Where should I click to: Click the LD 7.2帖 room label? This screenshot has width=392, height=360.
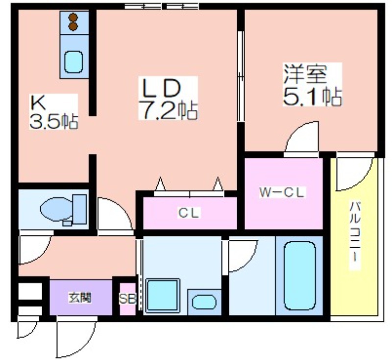pyautogui.click(x=168, y=99)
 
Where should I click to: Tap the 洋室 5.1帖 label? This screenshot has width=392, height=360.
pyautogui.click(x=312, y=84)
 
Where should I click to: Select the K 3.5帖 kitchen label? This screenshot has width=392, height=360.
pyautogui.click(x=54, y=111)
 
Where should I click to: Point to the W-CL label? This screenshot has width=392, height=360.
pyautogui.click(x=282, y=193)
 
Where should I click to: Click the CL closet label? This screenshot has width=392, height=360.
pyautogui.click(x=189, y=213)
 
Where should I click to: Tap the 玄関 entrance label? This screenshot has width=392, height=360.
pyautogui.click(x=80, y=298)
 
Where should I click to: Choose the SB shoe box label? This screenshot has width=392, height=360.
pyautogui.click(x=127, y=299)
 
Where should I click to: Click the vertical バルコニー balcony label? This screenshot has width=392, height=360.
pyautogui.click(x=355, y=235)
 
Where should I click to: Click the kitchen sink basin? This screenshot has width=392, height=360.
pyautogui.click(x=73, y=62)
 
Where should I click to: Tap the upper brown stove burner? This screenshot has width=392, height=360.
pyautogui.click(x=73, y=18)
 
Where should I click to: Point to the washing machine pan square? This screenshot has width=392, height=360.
pyautogui.click(x=163, y=295)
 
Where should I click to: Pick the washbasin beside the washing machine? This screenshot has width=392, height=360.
pyautogui.click(x=204, y=302)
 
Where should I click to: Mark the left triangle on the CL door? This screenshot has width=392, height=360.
pyautogui.click(x=160, y=184)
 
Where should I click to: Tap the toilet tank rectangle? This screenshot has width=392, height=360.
pyautogui.click(x=80, y=209)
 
